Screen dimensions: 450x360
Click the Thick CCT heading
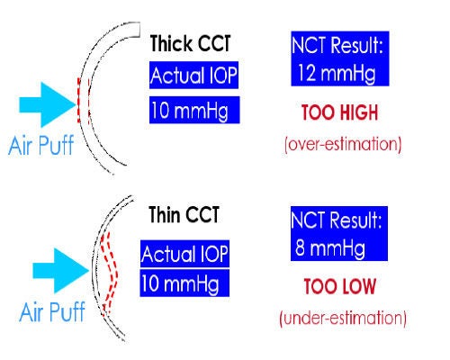click(190, 43)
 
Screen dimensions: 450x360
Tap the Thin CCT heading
click(184, 214)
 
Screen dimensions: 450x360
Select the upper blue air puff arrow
click(48, 104)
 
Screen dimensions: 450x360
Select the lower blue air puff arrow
click(61, 271)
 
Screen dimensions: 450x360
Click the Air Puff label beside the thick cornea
click(40, 145)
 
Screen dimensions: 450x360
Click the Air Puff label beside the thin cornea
click(52, 312)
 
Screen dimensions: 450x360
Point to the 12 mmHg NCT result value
click(337, 74)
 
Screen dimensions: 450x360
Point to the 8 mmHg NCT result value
click(330, 248)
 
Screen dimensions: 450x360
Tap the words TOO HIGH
click(339, 112)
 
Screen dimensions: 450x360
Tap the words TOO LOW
click(340, 286)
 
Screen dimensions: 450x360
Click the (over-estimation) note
click(343, 144)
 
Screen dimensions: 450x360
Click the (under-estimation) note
click(343, 318)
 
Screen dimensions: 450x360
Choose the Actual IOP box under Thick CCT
click(193, 75)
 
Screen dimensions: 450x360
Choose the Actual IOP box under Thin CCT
click(184, 254)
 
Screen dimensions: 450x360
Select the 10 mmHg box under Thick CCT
click(194, 110)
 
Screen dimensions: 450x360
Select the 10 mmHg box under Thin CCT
click(184, 283)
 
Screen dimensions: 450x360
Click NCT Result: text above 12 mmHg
click(337, 45)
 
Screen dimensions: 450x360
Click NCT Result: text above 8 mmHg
click(336, 220)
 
